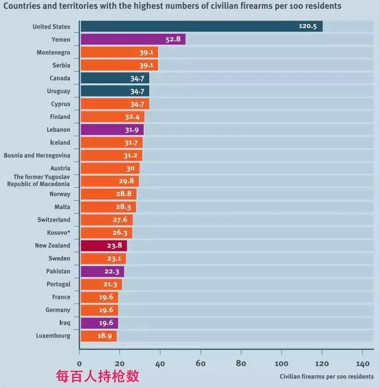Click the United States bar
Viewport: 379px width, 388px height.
201,27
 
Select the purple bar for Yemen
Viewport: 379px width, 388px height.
133,40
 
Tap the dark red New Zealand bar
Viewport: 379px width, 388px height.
104,245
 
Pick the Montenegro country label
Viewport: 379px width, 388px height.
53,53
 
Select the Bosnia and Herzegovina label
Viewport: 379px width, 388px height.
37,156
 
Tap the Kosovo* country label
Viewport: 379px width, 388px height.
59,232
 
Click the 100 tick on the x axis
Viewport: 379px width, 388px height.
281,363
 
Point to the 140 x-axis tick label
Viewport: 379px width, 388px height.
362,363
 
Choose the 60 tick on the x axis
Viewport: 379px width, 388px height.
200,363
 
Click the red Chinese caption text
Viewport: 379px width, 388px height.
97,376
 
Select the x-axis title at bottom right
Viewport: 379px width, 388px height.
326,376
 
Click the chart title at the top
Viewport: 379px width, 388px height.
173,7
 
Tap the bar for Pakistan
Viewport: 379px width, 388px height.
102,271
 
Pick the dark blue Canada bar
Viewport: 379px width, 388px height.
115,78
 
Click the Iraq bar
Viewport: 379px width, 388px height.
99,323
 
